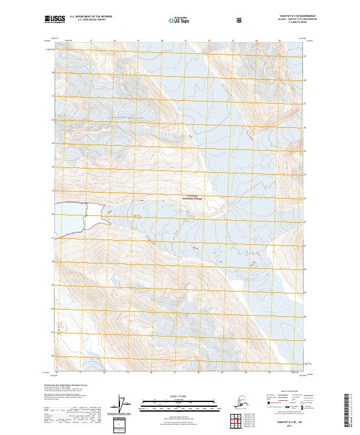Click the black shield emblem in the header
[x=240, y=20]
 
